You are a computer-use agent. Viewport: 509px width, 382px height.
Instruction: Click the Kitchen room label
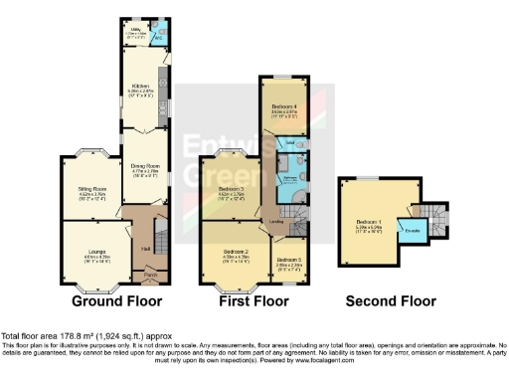click(140, 86)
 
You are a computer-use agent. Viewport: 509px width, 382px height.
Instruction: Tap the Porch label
click(150, 274)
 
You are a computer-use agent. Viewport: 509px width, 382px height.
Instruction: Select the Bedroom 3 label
click(232, 188)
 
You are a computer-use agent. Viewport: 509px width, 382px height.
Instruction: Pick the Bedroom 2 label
click(235, 252)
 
